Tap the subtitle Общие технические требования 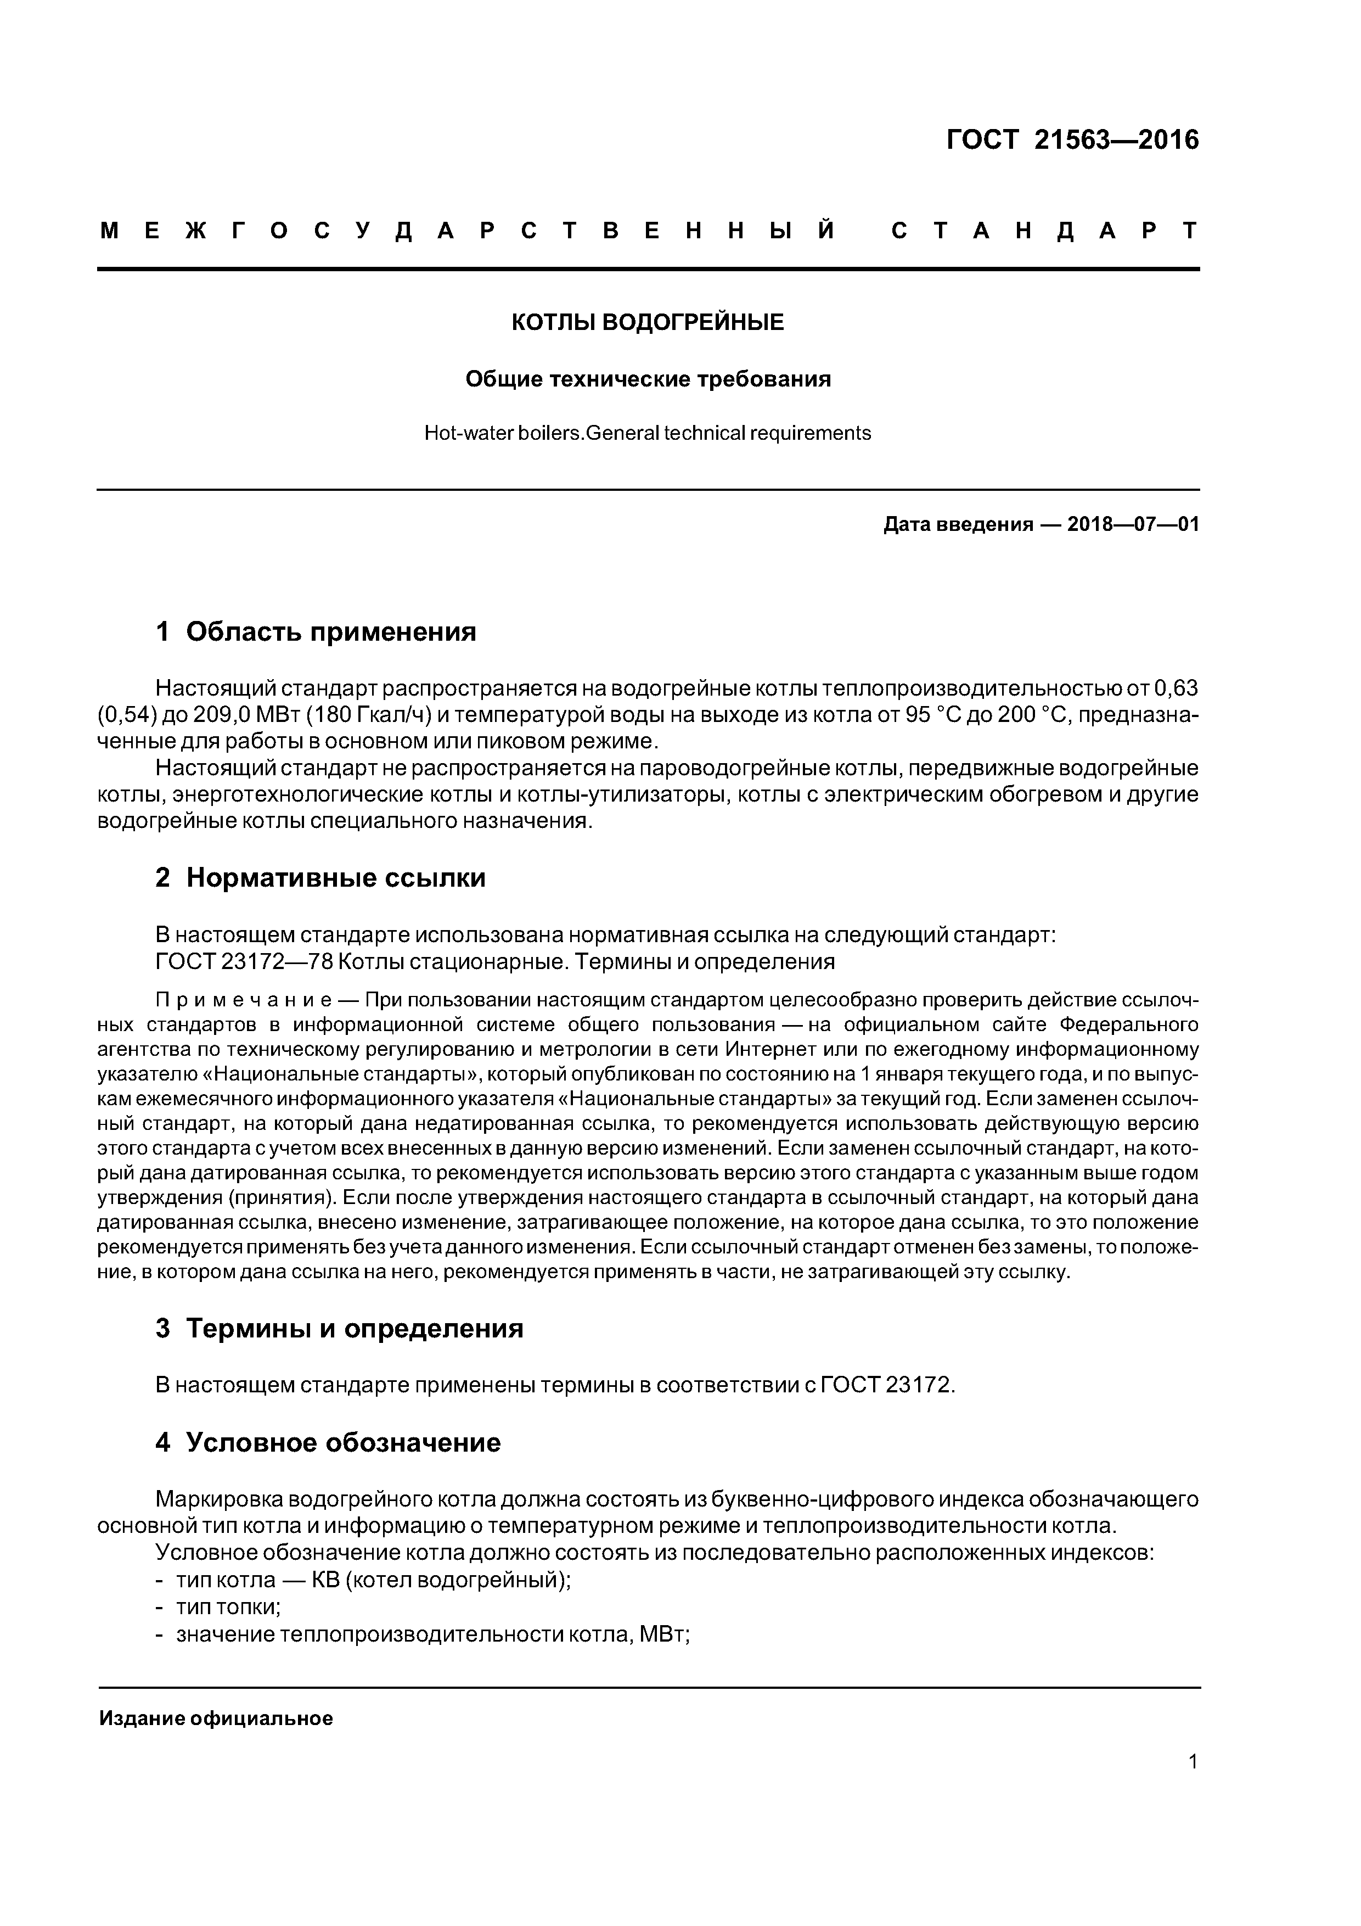click(x=648, y=380)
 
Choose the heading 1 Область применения click(x=316, y=631)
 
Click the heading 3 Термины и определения click(x=340, y=1329)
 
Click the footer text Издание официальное click(x=216, y=1719)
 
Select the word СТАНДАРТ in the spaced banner click(x=1045, y=231)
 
